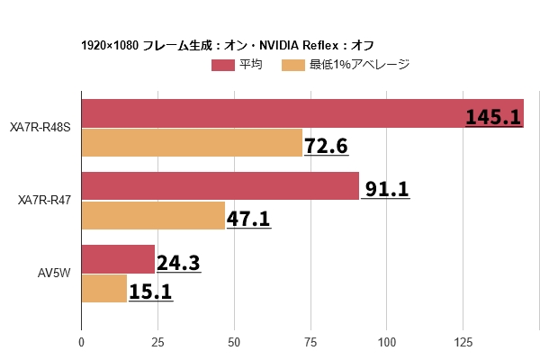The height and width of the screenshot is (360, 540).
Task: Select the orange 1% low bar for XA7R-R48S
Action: pyautogui.click(x=192, y=143)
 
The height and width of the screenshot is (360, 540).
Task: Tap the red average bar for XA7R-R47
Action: pyautogui.click(x=220, y=186)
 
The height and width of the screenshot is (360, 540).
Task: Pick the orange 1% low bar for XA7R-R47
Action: pyautogui.click(x=153, y=216)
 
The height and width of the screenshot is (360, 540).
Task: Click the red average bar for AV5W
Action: pyautogui.click(x=118, y=259)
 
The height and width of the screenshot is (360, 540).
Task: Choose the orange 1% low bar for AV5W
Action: pyautogui.click(x=104, y=288)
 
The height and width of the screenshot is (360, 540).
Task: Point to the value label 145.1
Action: pyautogui.click(x=493, y=117)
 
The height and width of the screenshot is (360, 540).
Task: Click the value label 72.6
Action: pyautogui.click(x=326, y=145)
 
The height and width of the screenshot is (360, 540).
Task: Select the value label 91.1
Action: pyautogui.click(x=387, y=189)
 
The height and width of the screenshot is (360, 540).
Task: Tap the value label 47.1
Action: pyautogui.click(x=248, y=218)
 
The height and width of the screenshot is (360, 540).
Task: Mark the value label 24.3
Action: pyautogui.click(x=178, y=263)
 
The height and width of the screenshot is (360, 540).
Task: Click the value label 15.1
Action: pyautogui.click(x=150, y=291)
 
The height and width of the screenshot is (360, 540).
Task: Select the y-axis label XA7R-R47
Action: pyautogui.click(x=45, y=200)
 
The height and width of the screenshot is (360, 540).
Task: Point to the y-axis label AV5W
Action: pyautogui.click(x=54, y=273)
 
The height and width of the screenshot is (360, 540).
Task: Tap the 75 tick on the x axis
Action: pyautogui.click(x=310, y=342)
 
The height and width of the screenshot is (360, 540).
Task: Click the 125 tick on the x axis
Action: pyautogui.click(x=463, y=342)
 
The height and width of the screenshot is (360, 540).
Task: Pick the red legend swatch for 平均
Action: pyautogui.click(x=222, y=65)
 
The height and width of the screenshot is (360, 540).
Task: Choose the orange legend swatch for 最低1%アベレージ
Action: pyautogui.click(x=293, y=65)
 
